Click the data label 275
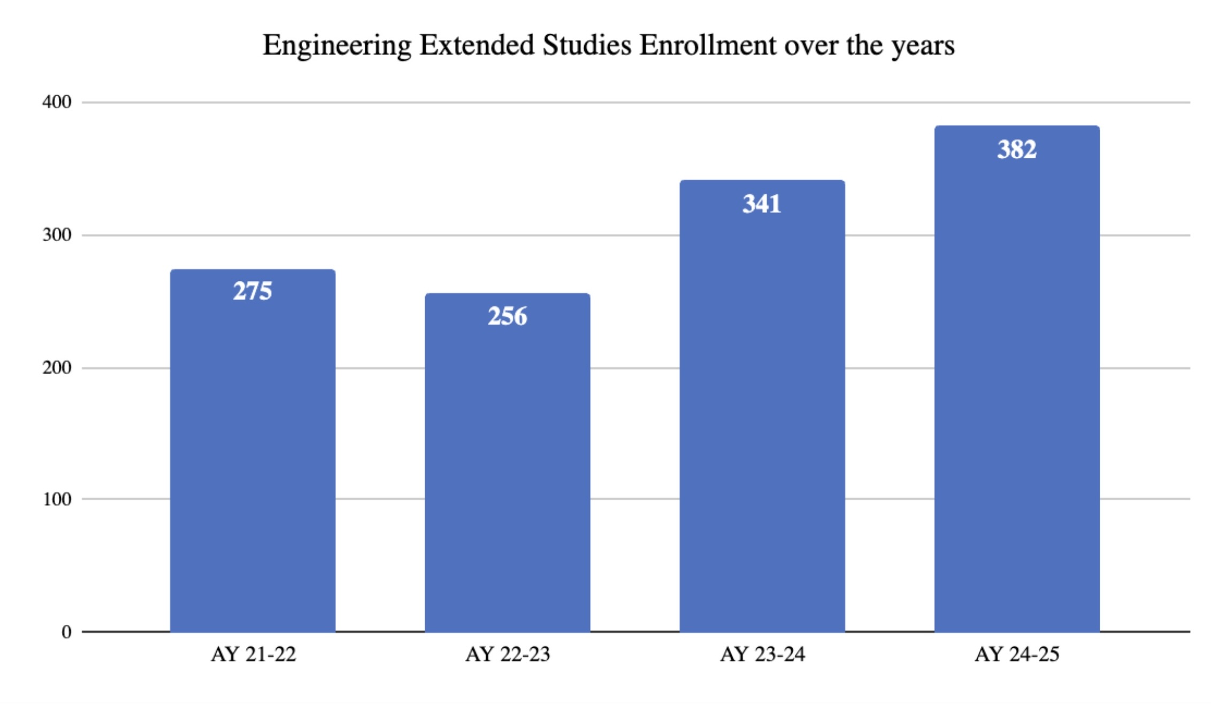(x=252, y=292)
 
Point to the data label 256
(x=507, y=316)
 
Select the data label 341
(x=762, y=204)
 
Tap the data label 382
(x=1016, y=149)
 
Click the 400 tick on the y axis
(x=57, y=102)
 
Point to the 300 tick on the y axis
(x=57, y=235)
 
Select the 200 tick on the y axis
(x=57, y=368)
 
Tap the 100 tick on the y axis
(x=57, y=499)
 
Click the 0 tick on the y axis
(x=66, y=632)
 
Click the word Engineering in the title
(x=337, y=46)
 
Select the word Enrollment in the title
(x=708, y=45)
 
